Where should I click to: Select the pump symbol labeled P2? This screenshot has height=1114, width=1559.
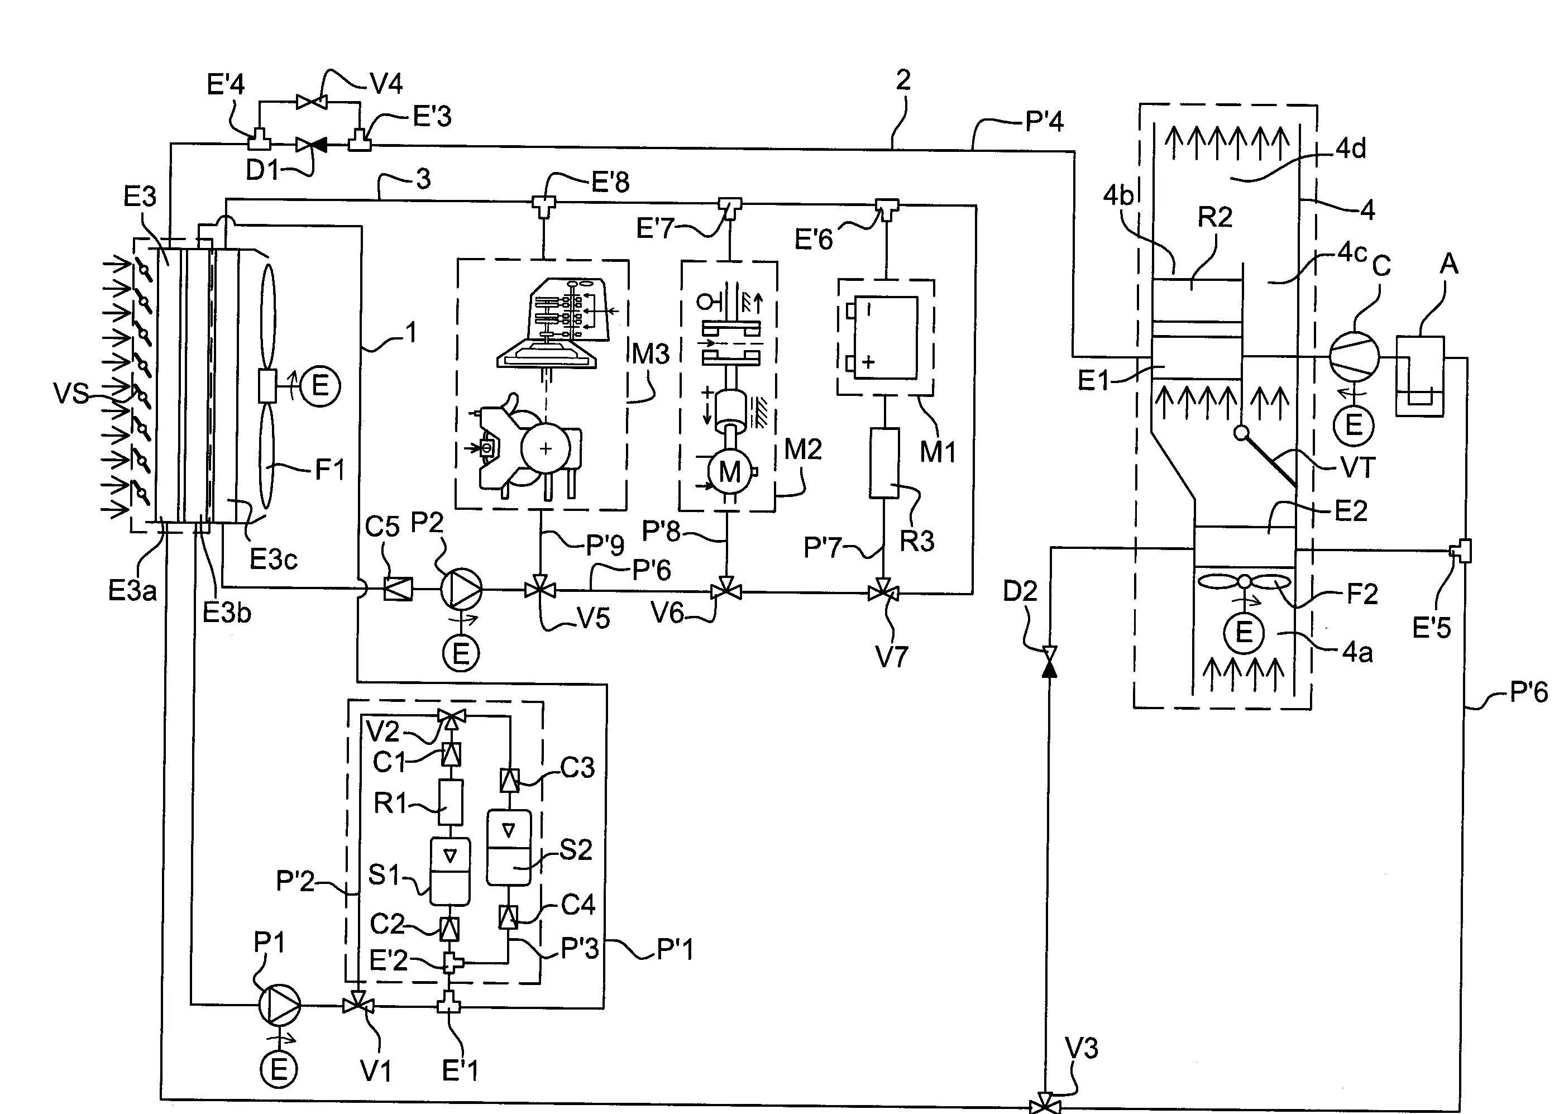click(460, 589)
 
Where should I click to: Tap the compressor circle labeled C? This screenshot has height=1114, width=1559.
click(1354, 357)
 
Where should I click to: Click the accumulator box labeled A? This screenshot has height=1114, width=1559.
click(1420, 375)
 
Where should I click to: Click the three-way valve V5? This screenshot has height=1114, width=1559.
click(541, 589)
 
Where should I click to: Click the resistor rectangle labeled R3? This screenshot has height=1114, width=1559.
click(884, 463)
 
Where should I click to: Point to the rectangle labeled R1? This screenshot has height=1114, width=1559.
click(450, 802)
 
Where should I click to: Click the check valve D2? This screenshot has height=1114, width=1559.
click(1049, 661)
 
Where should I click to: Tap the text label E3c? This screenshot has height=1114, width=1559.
click(273, 560)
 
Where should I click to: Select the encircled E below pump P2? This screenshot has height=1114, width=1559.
click(461, 652)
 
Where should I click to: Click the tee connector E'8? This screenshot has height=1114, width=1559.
click(544, 204)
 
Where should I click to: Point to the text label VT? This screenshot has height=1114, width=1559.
click(1357, 468)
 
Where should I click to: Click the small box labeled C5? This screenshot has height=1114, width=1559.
click(399, 589)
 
